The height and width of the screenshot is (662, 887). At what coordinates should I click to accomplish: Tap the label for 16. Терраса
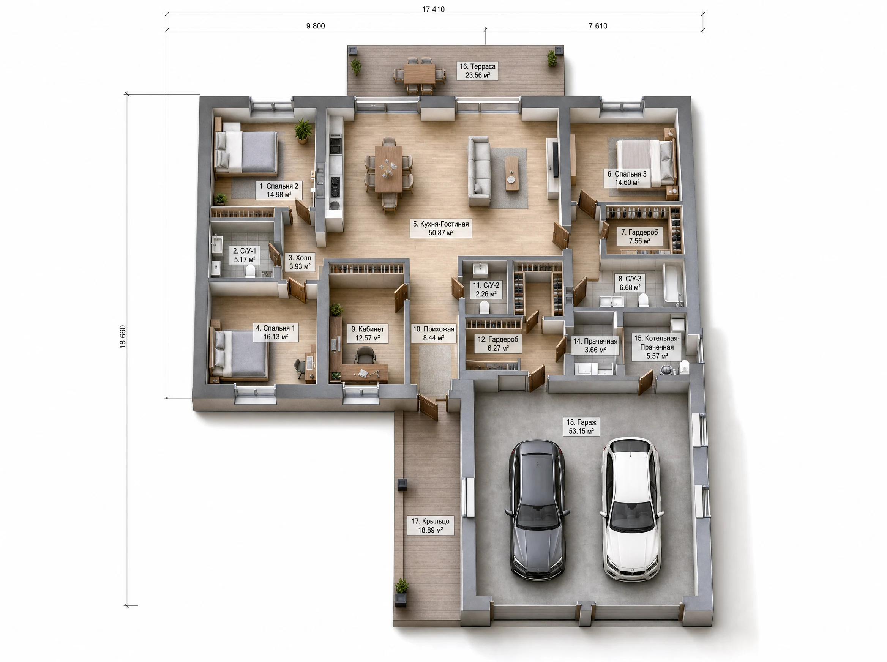click(477, 71)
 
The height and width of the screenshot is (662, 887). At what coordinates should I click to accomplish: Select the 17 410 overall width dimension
click(433, 9)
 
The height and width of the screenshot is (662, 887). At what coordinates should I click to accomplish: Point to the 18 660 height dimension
click(123, 337)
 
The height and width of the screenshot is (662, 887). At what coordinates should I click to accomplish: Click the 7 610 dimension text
click(598, 26)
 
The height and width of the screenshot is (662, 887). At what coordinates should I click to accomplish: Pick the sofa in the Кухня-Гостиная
click(479, 171)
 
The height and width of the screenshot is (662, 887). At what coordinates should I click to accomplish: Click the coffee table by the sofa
click(511, 173)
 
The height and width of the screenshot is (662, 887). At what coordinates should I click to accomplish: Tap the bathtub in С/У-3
click(672, 282)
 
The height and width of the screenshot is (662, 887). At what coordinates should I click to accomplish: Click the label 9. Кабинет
click(368, 333)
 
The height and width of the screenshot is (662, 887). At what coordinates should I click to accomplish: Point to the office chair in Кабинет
click(365, 355)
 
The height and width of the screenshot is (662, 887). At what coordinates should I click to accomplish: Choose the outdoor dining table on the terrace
click(419, 74)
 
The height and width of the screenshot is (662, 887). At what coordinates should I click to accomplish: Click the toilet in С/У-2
click(484, 307)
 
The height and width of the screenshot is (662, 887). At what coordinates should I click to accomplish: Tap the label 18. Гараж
click(581, 427)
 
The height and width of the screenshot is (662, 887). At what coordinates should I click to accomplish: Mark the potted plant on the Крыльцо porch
click(401, 592)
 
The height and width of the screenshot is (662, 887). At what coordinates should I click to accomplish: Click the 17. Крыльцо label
click(431, 525)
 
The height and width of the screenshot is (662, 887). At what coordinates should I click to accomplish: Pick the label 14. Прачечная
click(595, 345)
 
